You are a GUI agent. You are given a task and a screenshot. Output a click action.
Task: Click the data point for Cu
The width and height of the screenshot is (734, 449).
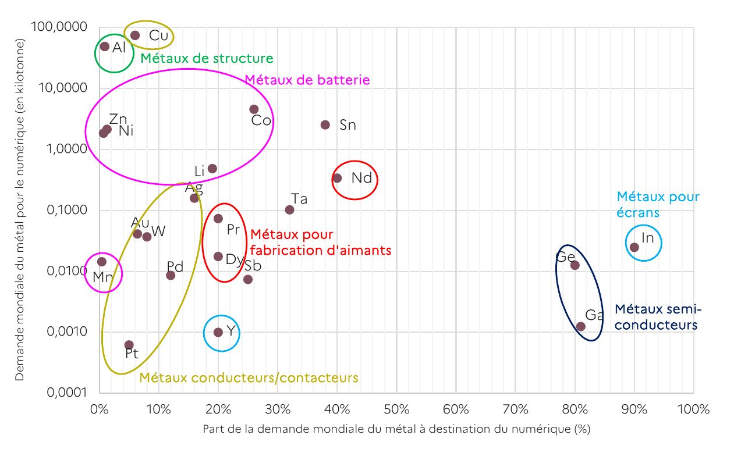pos(135,35)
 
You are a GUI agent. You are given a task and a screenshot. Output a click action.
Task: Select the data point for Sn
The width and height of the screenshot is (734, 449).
pos(325,125)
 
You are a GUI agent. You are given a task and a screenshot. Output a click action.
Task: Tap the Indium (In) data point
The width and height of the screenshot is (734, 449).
pos(634,247)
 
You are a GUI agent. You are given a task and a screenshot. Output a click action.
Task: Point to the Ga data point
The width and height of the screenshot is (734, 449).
pos(581,326)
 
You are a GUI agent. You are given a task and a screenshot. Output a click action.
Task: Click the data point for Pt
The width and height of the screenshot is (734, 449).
pos(129,345)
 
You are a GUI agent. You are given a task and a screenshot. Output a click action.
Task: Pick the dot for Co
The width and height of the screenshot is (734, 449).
pos(254,109)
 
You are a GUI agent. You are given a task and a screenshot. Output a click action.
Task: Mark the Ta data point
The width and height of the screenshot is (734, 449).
pos(289,209)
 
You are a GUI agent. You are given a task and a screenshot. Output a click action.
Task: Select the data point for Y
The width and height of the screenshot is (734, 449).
pos(218,332)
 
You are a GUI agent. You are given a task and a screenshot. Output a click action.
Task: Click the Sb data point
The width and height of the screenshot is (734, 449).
pos(248,279)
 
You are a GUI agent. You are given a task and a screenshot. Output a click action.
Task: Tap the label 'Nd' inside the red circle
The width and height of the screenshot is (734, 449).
pos(361,178)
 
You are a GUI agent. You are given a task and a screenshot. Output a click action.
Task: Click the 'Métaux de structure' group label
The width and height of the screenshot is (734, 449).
pos(207,59)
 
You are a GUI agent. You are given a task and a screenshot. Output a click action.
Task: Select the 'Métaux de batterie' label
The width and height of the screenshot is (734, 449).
pos(307,80)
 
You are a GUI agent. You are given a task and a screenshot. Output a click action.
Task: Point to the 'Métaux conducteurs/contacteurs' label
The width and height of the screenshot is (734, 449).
pos(249,378)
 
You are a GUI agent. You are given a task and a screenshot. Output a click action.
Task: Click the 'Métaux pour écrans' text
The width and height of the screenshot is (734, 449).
pos(658,205)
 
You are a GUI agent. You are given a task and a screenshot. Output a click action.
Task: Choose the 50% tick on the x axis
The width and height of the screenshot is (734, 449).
pos(396,409)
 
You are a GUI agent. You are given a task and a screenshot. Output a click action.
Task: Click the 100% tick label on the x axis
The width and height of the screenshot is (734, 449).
pos(693,409)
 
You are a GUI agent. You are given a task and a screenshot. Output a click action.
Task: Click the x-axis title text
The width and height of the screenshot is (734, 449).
pos(396,430)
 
